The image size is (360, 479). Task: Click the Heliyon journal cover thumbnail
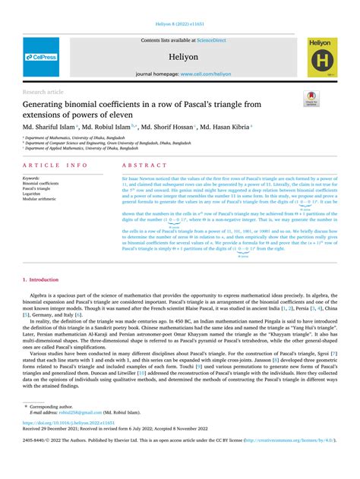[321, 57]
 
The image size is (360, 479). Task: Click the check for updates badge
[310, 99]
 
